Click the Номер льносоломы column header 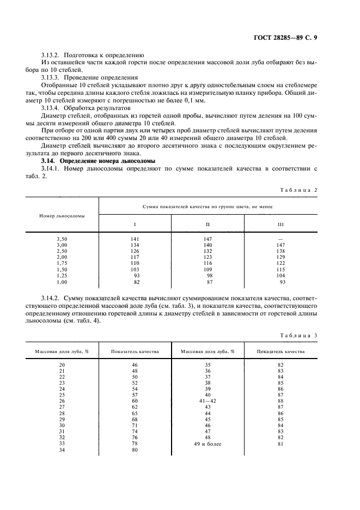[62, 216]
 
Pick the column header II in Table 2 [208, 224]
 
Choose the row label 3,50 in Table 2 [62, 239]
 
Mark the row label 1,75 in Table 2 [62, 263]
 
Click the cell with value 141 [135, 239]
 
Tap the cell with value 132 [208, 251]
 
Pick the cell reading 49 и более [208, 444]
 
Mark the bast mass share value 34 [62, 450]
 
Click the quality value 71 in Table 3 [135, 426]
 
